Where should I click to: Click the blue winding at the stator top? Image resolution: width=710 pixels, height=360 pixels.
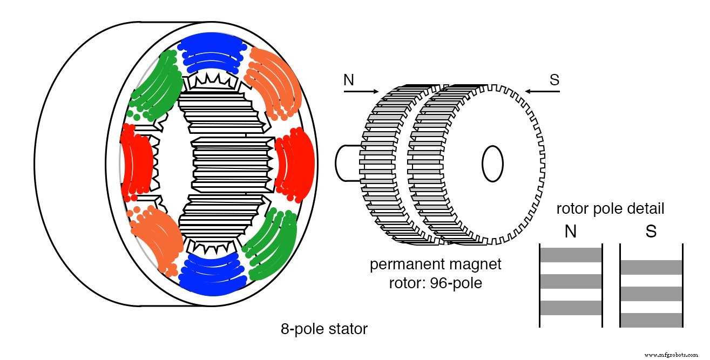tap(212, 51)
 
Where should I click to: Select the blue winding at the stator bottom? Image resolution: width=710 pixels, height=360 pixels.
tap(212, 275)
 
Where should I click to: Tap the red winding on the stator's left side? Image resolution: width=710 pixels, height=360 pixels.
tap(133, 160)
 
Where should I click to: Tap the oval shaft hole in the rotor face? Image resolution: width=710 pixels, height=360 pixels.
tap(492, 162)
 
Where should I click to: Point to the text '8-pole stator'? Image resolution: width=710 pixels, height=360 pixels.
tap(324, 329)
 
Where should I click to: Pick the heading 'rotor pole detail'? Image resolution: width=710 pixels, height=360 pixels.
tap(610, 209)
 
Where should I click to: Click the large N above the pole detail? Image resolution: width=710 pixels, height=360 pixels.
tap(570, 232)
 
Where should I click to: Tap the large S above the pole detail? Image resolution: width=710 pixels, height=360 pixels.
tap(651, 232)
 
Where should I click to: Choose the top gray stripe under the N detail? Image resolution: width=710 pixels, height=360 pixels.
tap(571, 255)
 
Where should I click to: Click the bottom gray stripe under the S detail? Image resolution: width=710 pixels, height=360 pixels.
tap(652, 320)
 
